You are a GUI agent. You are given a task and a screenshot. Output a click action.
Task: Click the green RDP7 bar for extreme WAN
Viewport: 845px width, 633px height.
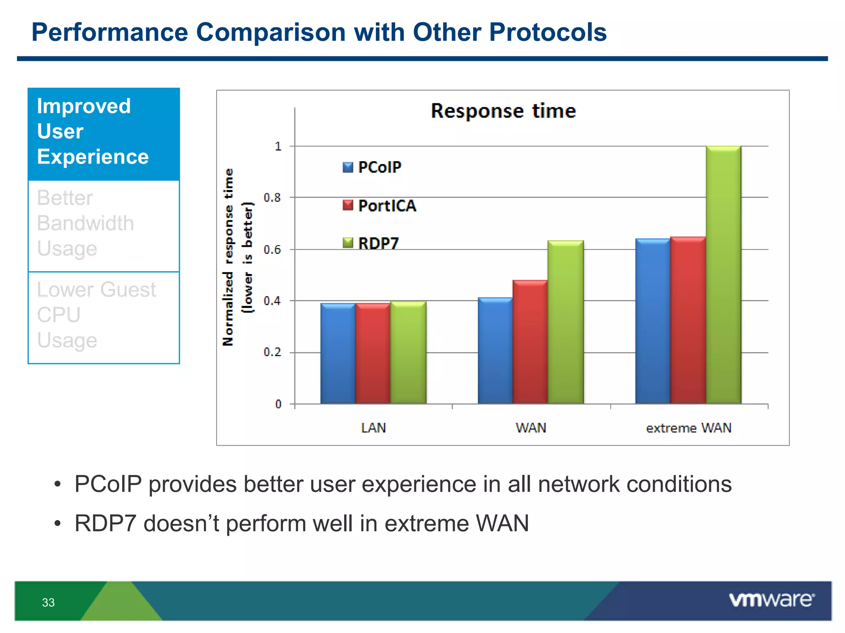coord(723,275)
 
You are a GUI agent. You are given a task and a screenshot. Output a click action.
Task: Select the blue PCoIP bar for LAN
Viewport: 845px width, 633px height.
coord(338,354)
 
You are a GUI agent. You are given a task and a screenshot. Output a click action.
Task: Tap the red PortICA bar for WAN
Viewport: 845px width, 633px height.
coord(530,342)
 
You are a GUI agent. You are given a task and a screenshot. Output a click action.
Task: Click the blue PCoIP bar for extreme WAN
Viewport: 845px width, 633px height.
coord(652,321)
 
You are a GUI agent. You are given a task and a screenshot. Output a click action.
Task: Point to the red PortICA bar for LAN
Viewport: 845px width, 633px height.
coord(373,354)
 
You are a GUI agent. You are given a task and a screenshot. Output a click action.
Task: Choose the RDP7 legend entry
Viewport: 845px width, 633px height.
coord(371,243)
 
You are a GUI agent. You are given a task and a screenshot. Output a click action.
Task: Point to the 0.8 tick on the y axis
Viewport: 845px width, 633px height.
coord(272,198)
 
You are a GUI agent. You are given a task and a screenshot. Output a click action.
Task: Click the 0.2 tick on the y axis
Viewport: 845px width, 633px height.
coord(272,352)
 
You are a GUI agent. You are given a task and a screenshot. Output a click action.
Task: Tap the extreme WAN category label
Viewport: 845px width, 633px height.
coord(689,428)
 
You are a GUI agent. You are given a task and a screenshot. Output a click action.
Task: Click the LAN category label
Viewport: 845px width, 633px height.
coord(373,428)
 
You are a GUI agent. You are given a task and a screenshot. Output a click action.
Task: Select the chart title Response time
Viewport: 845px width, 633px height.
coord(503,111)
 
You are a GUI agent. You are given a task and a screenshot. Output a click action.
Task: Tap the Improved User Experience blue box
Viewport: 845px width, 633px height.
coord(104,134)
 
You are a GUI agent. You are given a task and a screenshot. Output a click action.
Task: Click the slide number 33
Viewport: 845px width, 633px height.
coord(48,603)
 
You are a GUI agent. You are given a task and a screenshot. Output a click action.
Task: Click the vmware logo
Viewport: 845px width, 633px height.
coord(771,600)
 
